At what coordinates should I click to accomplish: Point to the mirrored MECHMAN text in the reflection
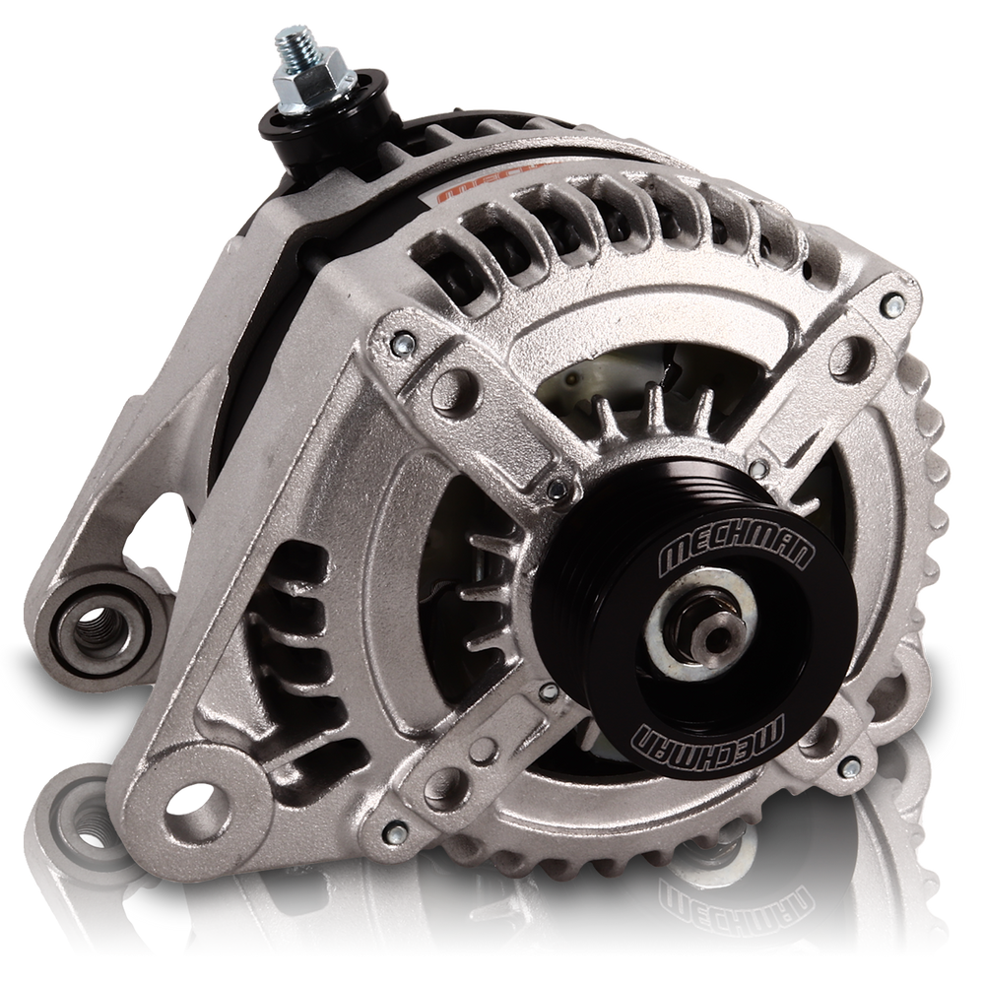pos(704,900)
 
